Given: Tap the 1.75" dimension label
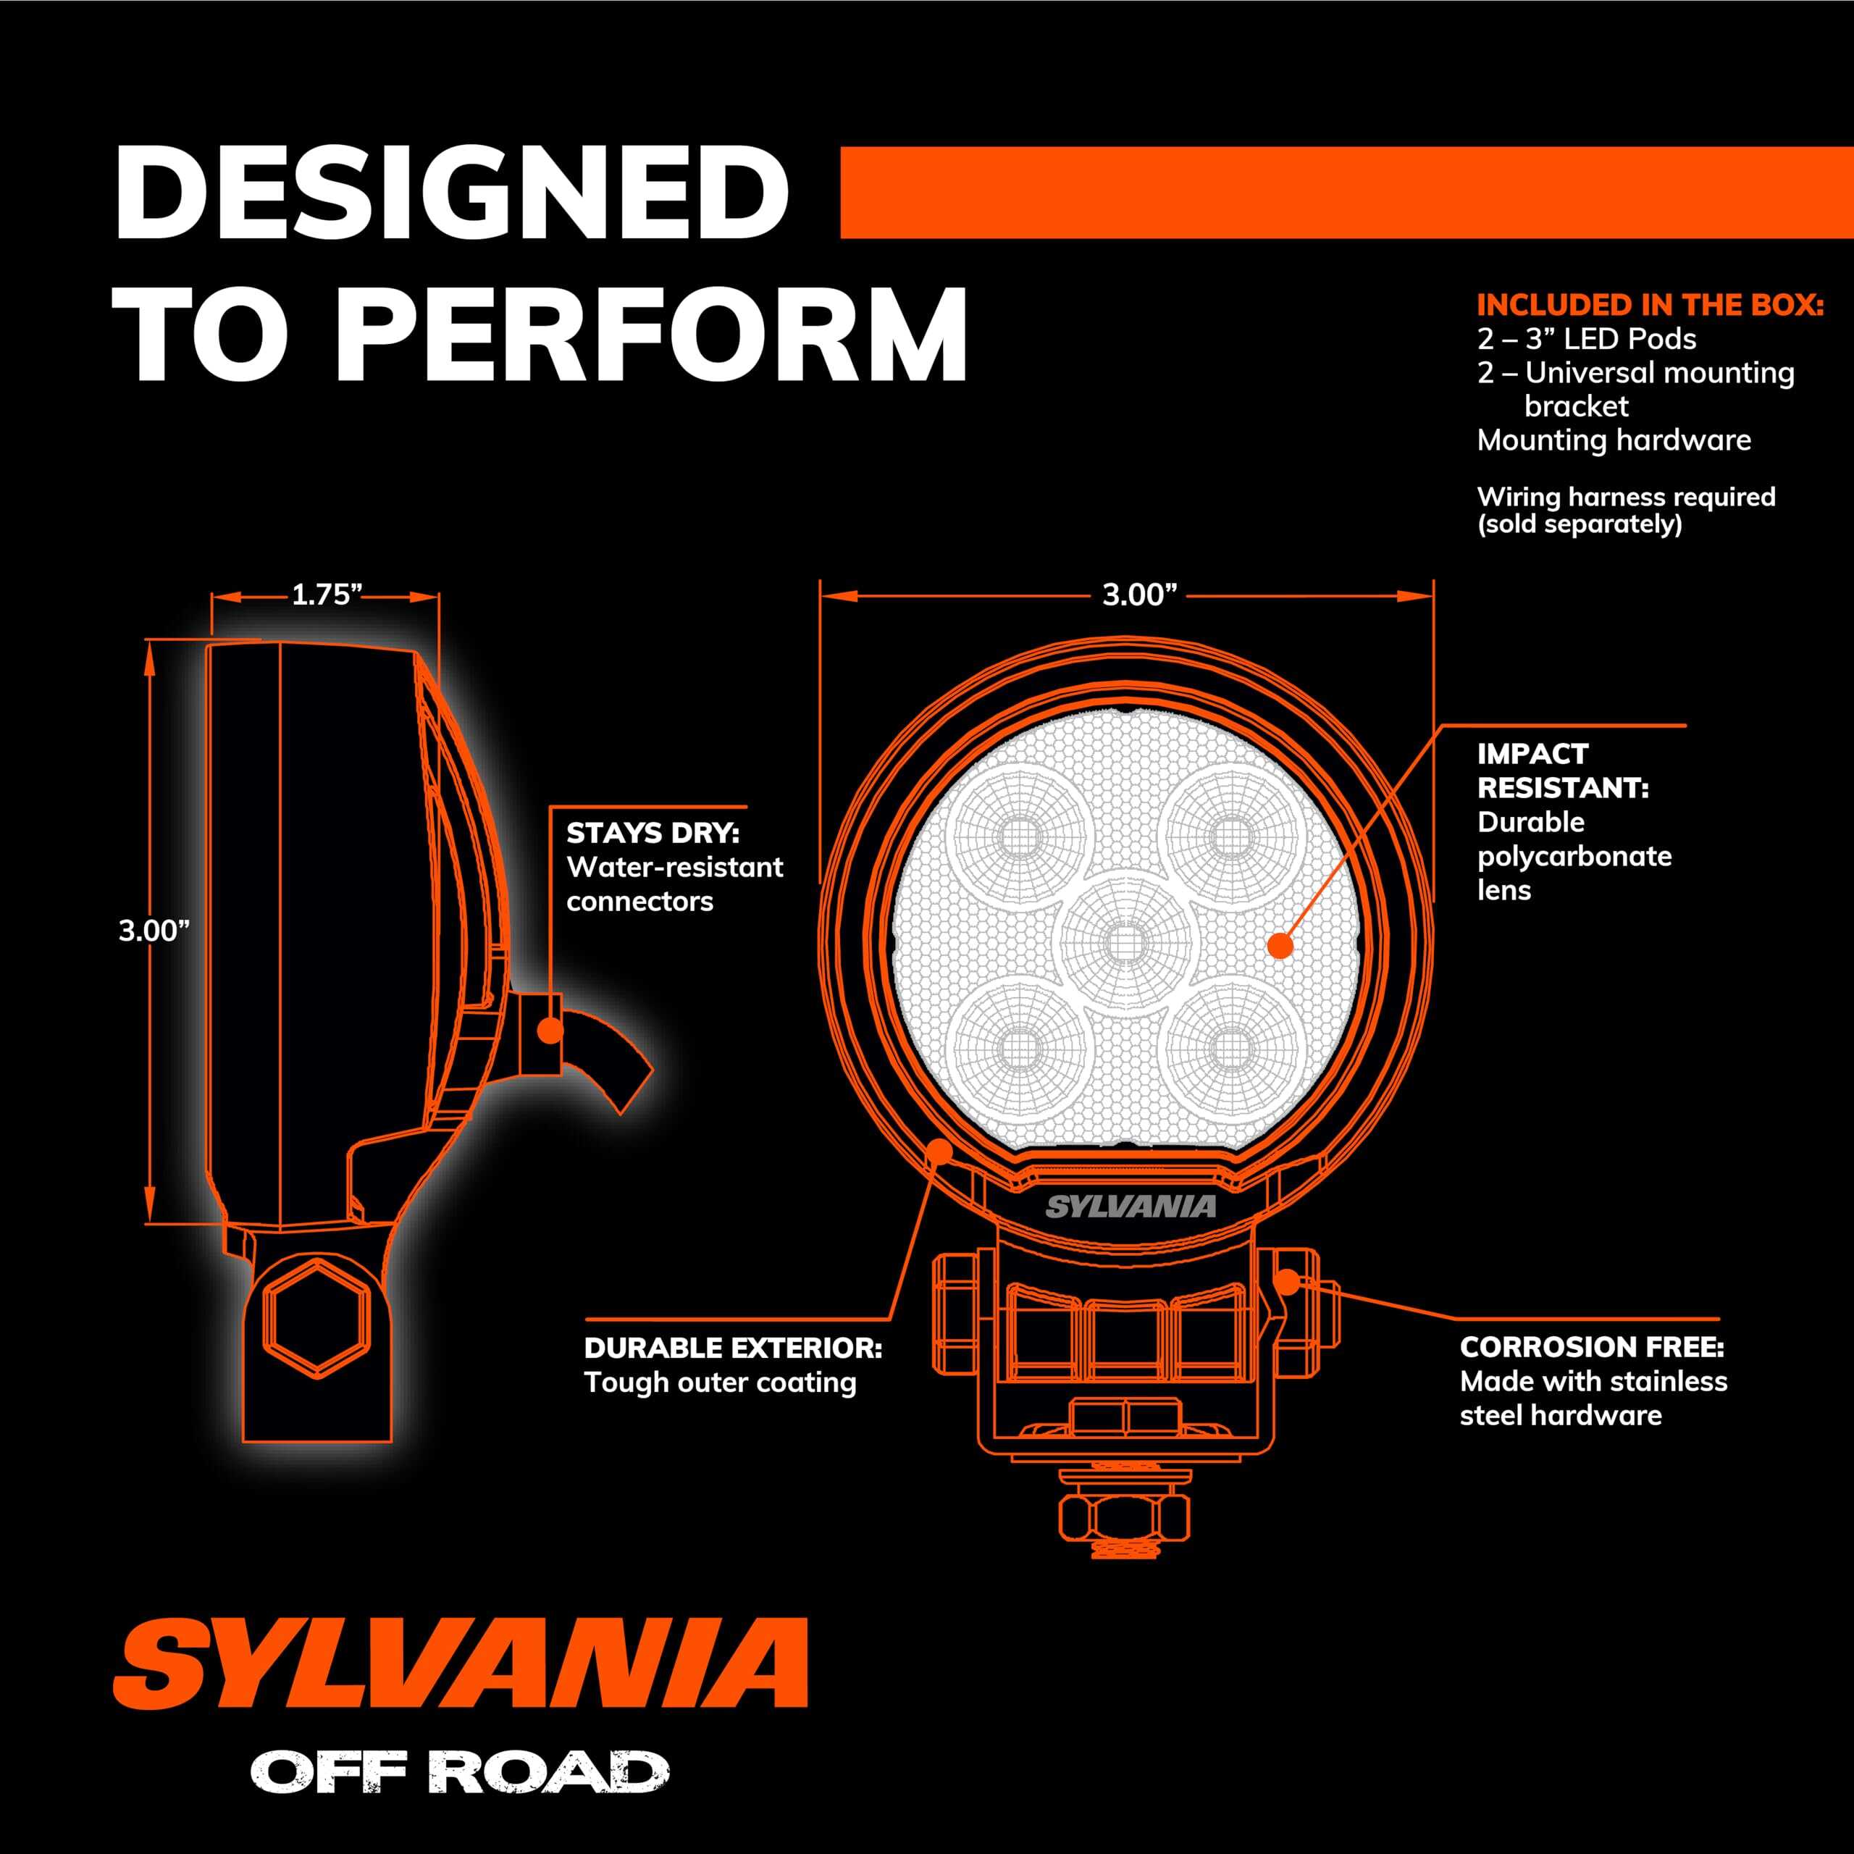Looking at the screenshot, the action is tap(325, 596).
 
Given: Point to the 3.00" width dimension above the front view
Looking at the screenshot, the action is tap(1139, 596).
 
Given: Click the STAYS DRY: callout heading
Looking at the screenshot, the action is tap(653, 833).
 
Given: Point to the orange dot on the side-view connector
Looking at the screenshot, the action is tap(549, 1031).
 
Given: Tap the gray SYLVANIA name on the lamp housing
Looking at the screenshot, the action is tap(1131, 1207).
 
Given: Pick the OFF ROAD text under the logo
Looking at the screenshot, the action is tap(460, 1771).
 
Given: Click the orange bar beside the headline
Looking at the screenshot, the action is tap(1346, 193).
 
